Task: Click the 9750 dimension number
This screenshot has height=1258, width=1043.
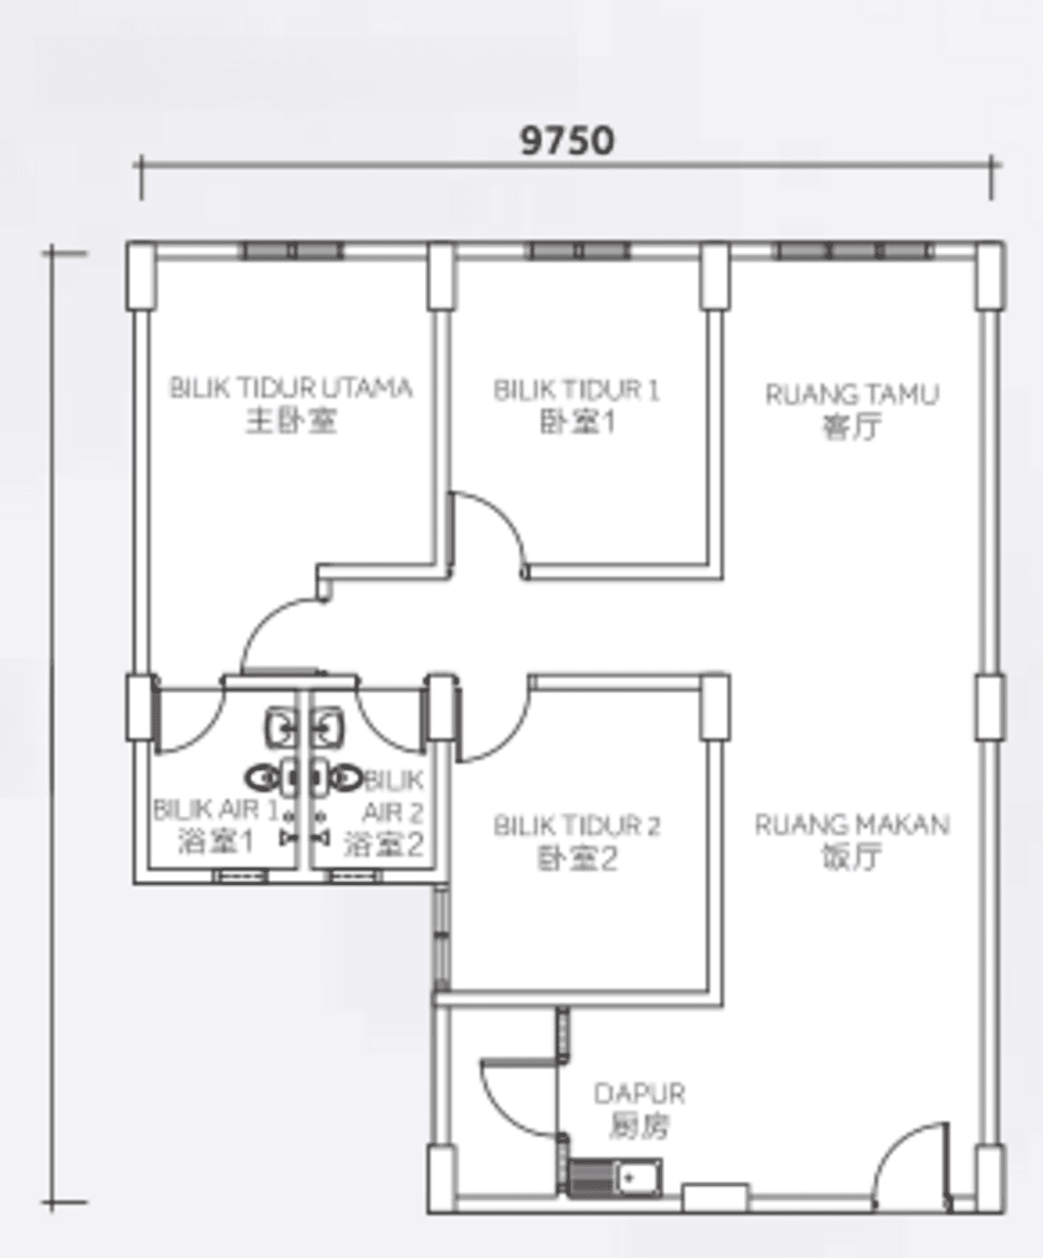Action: (x=568, y=141)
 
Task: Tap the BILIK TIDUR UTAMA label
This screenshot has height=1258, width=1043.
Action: (x=291, y=388)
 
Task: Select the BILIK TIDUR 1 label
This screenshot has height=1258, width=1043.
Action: (x=576, y=390)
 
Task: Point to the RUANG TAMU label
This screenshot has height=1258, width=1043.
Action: (x=852, y=395)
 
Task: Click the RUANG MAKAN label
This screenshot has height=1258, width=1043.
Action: (x=852, y=824)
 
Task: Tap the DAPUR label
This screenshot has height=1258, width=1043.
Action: (x=640, y=1094)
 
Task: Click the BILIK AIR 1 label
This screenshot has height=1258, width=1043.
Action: (x=216, y=810)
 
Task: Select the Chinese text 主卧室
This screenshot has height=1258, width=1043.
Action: (x=291, y=420)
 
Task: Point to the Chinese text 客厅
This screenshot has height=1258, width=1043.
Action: (x=852, y=428)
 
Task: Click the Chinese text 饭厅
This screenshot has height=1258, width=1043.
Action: (x=852, y=857)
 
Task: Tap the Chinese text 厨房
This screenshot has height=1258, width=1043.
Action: (x=640, y=1125)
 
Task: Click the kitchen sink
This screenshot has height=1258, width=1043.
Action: (x=615, y=1177)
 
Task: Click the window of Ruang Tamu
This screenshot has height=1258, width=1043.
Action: (x=852, y=251)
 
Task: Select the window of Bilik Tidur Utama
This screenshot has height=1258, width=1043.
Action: (x=292, y=251)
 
